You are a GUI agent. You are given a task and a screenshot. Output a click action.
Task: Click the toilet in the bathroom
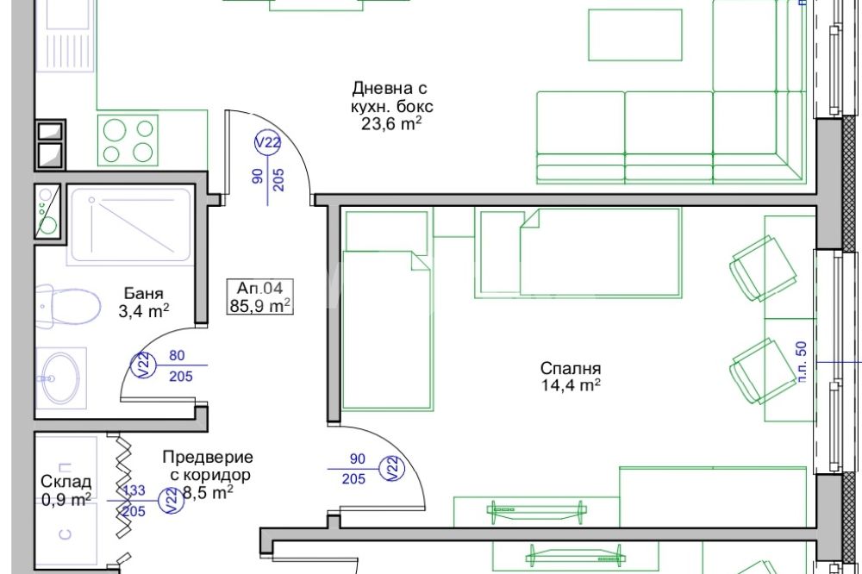click(68, 307)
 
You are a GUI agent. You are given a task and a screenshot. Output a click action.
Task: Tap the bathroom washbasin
click(60, 378)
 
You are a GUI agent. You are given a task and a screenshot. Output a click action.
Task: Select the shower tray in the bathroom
click(130, 226)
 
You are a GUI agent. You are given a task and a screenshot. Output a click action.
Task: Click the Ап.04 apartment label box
click(260, 296)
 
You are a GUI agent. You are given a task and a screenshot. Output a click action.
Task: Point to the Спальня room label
click(571, 368)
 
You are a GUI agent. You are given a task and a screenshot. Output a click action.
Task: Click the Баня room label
click(143, 294)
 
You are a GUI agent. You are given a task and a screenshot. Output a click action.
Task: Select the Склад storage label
click(66, 482)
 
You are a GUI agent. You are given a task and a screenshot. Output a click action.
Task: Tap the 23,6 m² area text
click(391, 124)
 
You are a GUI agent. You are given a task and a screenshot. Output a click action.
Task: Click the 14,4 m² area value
click(571, 385)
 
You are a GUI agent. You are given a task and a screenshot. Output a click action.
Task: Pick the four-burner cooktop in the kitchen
click(128, 140)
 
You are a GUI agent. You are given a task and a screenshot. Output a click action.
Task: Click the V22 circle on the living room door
click(267, 143)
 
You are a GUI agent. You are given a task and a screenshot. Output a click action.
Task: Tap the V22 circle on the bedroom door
click(392, 469)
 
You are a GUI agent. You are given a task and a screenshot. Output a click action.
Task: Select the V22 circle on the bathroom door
click(143, 365)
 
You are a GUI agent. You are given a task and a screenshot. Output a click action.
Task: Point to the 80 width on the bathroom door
click(177, 356)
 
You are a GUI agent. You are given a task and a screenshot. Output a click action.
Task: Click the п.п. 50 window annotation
click(802, 362)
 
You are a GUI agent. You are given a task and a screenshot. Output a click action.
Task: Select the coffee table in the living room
click(635, 34)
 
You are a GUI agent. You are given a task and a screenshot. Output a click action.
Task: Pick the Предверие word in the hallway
click(208, 458)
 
